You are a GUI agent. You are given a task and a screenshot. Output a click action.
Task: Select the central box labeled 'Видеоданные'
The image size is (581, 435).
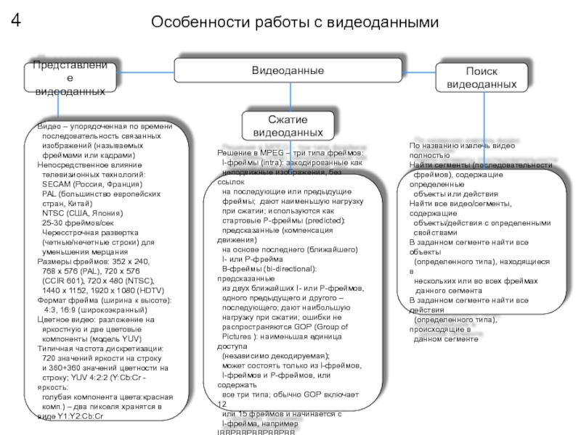288,70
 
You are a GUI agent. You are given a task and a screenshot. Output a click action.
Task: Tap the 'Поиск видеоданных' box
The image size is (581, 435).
482,78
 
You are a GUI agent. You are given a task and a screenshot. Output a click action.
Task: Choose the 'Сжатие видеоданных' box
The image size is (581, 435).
288,126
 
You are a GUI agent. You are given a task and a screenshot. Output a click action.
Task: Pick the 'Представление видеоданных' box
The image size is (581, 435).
70,79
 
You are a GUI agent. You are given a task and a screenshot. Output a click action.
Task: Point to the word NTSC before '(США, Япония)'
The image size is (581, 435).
55,213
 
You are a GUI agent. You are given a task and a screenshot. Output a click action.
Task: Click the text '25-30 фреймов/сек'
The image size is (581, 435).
74,223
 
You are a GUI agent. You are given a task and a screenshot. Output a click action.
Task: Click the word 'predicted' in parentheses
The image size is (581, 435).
322,220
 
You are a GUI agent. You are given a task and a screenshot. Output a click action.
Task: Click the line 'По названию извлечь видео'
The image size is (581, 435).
460,146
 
